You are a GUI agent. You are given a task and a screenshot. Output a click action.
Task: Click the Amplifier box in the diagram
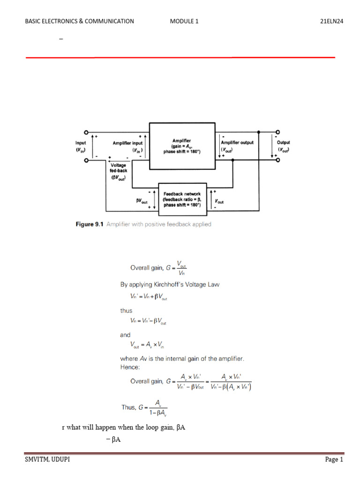[x=182, y=145]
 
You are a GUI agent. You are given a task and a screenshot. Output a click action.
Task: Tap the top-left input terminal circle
[x=86, y=133]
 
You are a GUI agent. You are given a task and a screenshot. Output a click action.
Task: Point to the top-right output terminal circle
[x=277, y=132]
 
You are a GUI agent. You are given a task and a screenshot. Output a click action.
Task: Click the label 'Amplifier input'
[x=127, y=142]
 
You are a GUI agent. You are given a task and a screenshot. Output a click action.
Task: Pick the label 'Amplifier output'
[x=237, y=142]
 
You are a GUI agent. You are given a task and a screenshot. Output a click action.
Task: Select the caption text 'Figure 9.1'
[x=89, y=225]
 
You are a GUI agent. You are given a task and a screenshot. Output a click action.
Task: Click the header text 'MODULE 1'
[x=185, y=21]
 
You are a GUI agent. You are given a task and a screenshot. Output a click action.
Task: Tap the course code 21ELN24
[x=332, y=21]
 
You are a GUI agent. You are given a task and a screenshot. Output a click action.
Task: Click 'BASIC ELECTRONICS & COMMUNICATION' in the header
[x=79, y=21]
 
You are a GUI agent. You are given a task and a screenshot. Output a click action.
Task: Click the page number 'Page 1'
[x=334, y=460]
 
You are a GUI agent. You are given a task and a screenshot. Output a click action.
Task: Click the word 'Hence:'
[x=130, y=367]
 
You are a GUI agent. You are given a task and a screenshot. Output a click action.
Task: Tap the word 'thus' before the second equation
[x=127, y=310]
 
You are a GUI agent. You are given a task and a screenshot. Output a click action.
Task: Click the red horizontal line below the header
[x=180, y=57]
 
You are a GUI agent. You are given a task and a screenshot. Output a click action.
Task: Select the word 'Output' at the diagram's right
[x=283, y=142]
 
